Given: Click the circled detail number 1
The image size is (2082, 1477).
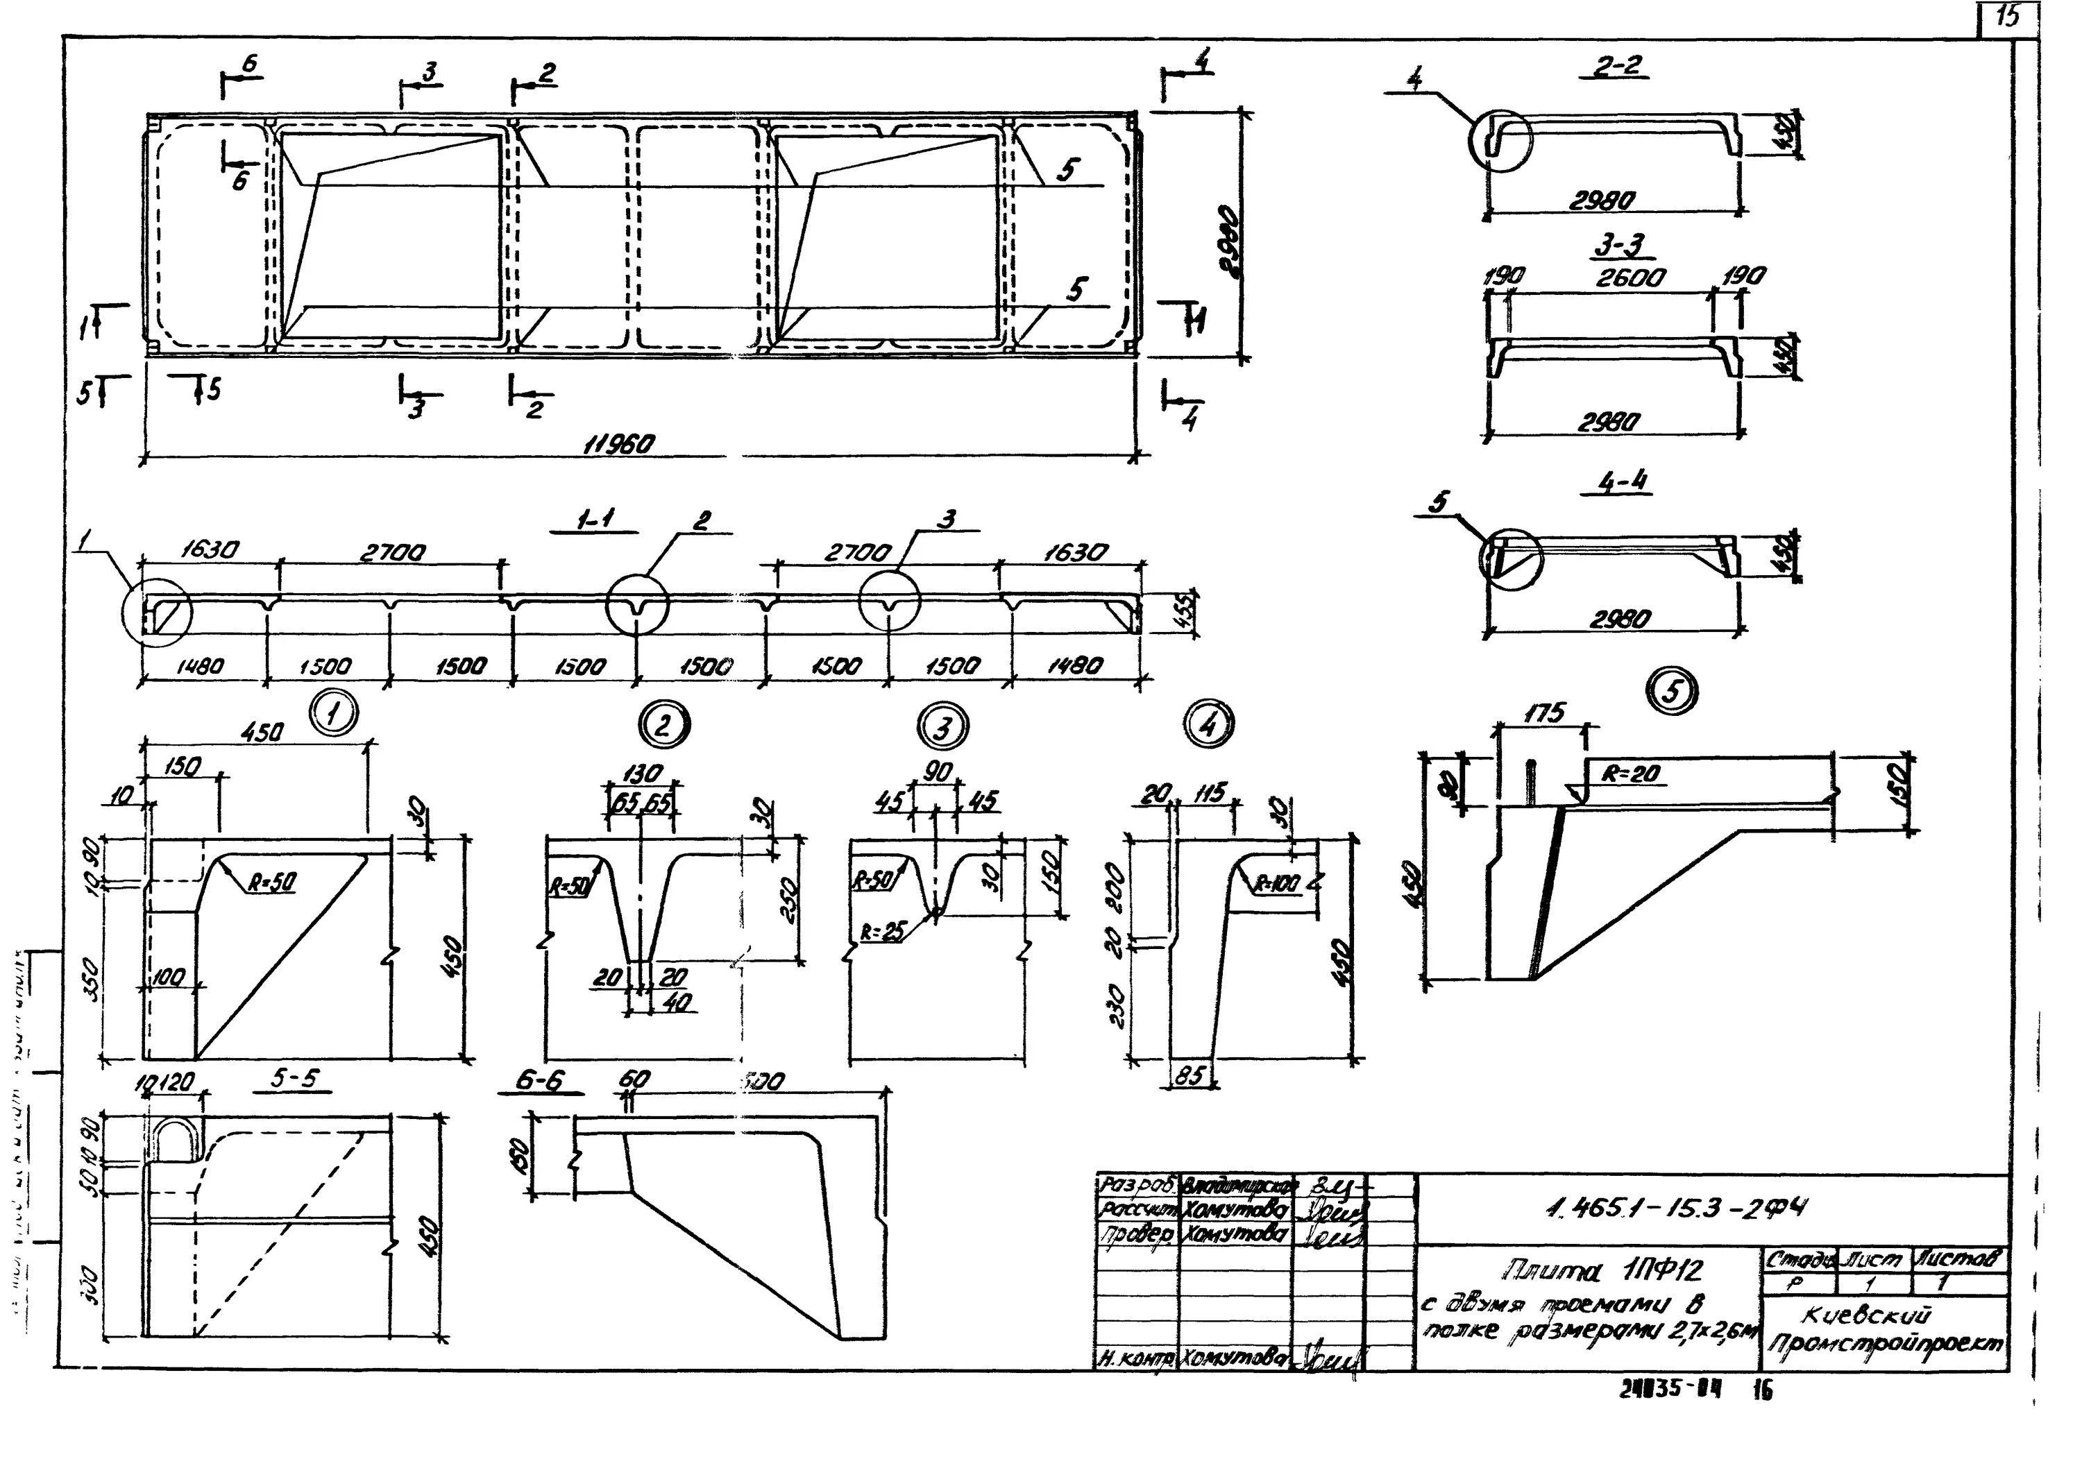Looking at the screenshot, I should point(334,714).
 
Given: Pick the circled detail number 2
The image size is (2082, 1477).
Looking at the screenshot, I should point(664,725).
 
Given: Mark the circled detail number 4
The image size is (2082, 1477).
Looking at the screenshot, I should point(1207,724).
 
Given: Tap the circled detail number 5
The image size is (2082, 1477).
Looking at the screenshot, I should point(1672,692).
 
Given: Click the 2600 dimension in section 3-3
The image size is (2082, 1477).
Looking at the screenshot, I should point(1630,278).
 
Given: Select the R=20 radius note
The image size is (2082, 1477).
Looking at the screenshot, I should point(1632,775).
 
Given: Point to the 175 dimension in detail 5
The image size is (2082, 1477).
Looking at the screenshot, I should point(1543,713).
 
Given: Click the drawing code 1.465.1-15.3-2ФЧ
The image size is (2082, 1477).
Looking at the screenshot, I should point(1676,1208).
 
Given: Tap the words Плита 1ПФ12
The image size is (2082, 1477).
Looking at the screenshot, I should point(1604,1270).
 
